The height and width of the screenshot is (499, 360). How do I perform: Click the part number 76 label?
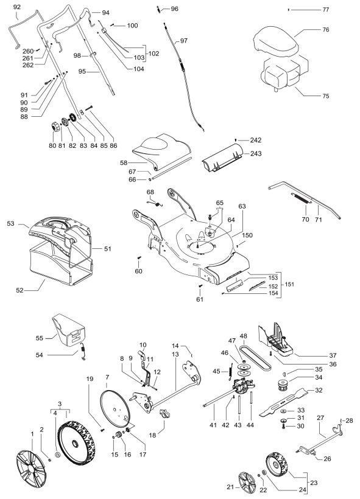tap(325, 29)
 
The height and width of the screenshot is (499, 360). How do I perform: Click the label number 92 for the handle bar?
tap(16, 7)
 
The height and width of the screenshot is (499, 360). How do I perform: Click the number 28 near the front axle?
tap(350, 420)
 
